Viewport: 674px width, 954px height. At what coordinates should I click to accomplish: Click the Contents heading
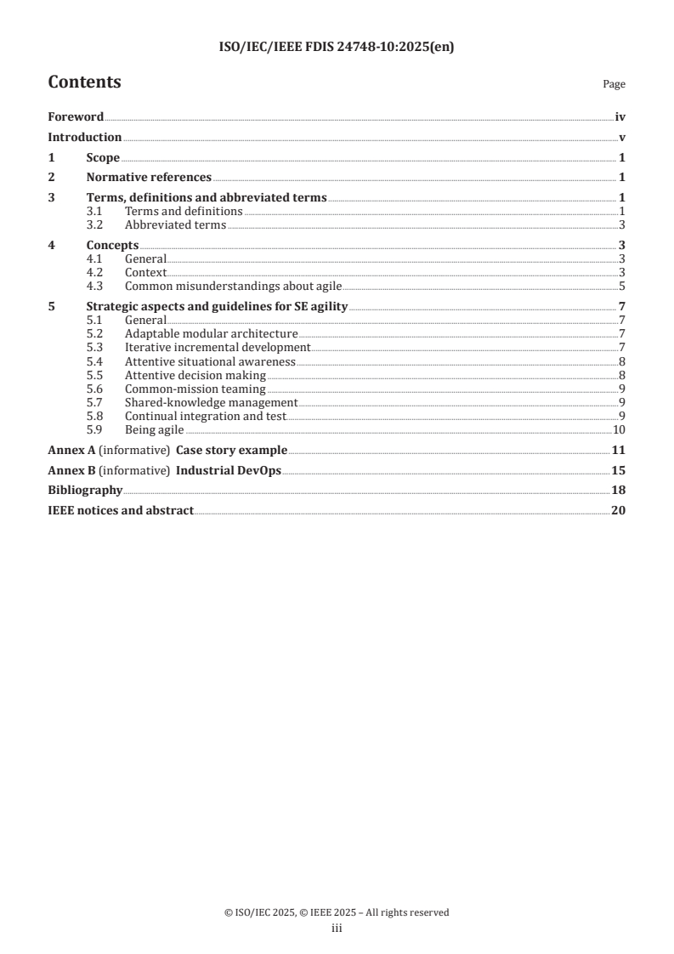point(84,82)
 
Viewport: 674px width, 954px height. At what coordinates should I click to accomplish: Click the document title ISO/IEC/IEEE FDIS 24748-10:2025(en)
point(337,48)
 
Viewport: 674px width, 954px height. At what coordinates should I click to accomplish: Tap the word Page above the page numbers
point(614,85)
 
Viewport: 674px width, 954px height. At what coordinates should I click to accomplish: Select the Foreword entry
point(76,117)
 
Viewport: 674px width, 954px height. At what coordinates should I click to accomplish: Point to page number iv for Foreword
point(620,117)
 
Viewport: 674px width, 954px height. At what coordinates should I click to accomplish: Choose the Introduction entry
point(84,138)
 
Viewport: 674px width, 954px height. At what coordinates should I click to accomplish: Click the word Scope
point(103,158)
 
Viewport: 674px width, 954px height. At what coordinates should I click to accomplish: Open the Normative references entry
point(149,178)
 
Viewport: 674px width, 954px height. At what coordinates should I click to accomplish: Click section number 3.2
point(95,225)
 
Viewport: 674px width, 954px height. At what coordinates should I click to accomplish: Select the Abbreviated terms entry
point(175,225)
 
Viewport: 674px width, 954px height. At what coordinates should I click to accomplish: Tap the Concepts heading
point(112,246)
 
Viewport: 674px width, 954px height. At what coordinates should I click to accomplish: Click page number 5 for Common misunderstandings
point(622,286)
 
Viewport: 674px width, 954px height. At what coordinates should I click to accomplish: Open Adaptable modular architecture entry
point(211,334)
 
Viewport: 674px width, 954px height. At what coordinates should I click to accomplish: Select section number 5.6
point(95,389)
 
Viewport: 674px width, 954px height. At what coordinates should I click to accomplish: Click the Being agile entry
point(154,429)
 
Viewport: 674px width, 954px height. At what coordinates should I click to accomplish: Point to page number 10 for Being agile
point(620,429)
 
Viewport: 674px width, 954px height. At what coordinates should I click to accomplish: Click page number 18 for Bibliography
point(619,491)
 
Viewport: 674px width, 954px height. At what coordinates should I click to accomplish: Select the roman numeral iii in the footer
point(337,928)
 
